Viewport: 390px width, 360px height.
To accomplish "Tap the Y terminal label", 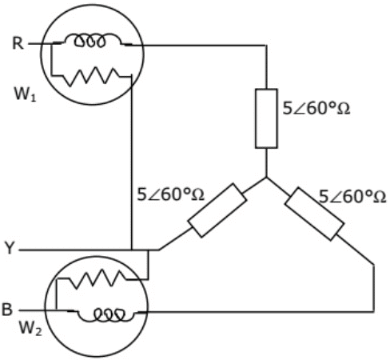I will [9, 250].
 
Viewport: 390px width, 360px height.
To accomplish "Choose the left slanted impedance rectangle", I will [216, 210].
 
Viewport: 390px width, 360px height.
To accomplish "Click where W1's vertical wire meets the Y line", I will [131, 250].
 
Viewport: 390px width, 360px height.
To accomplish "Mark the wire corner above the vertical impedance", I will [266, 46].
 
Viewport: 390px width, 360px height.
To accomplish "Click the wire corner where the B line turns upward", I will [374, 310].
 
